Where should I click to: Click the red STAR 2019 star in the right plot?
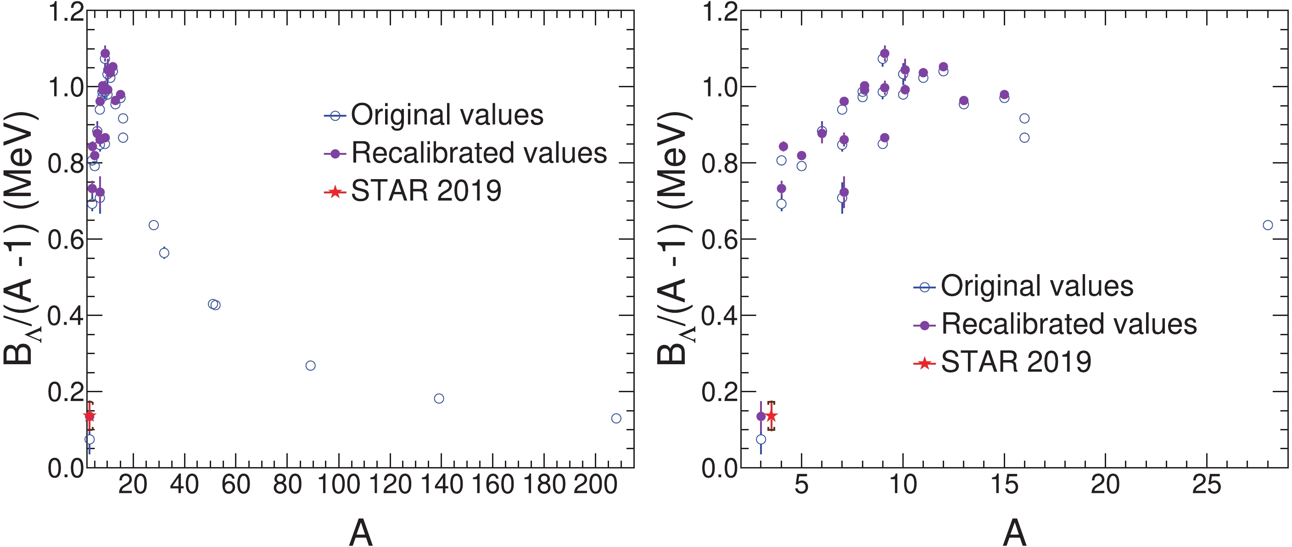772,416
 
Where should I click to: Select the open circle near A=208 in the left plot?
616,418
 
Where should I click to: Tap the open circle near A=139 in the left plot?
439,399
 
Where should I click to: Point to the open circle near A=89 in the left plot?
310,365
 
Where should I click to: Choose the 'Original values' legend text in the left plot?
447,115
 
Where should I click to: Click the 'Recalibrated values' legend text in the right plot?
1069,324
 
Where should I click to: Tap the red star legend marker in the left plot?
335,192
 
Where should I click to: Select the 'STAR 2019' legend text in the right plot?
1016,361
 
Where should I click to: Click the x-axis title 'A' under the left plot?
361,532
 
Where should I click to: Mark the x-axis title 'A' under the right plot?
1014,532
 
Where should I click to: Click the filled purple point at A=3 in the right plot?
761,416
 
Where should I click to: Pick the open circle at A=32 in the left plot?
164,253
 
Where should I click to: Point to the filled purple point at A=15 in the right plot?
1004,94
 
